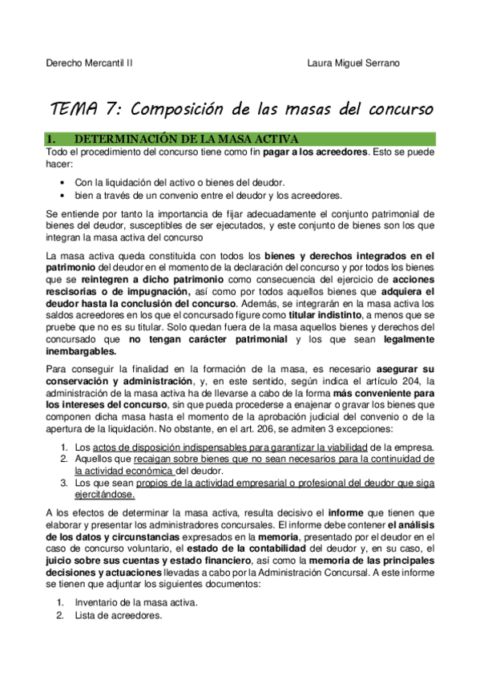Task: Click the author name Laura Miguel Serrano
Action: (x=353, y=63)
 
